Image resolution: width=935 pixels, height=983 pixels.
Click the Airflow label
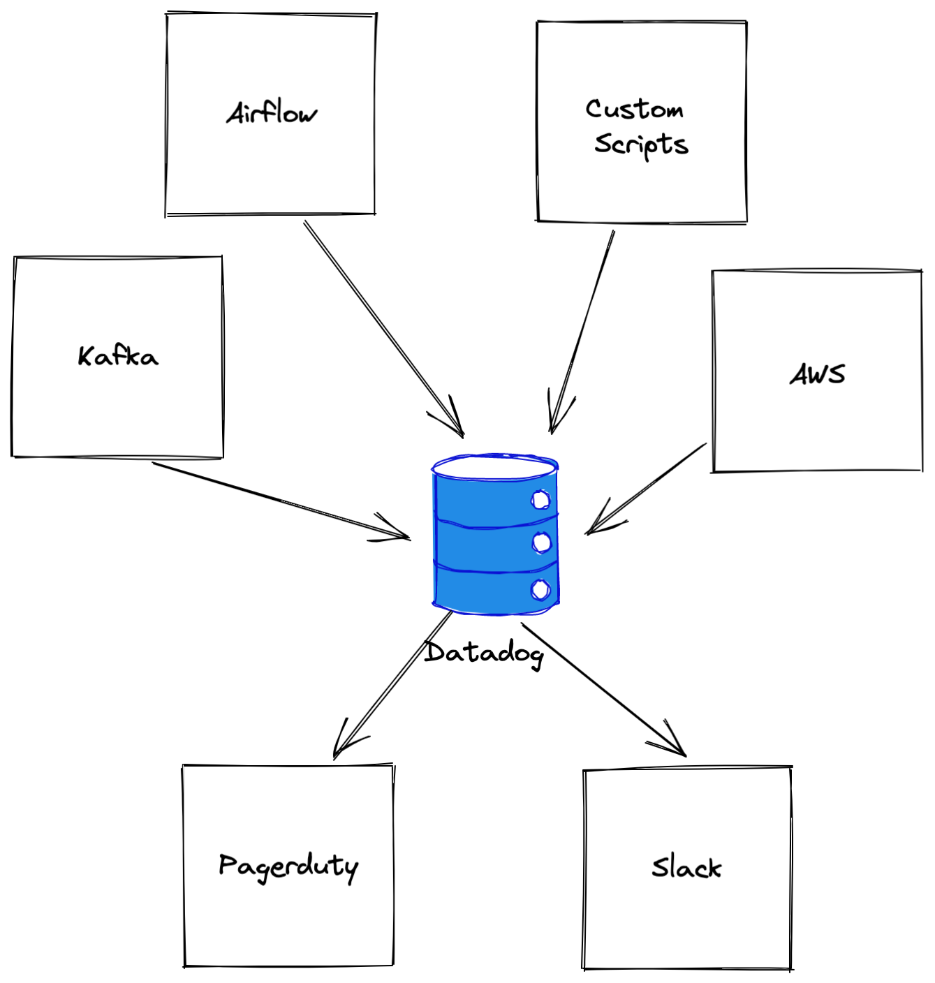(x=272, y=113)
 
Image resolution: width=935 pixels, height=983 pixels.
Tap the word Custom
(x=634, y=109)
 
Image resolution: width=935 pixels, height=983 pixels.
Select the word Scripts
(x=641, y=145)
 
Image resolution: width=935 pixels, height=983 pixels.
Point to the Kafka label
(x=118, y=356)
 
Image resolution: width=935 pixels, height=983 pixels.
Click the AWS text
(x=817, y=374)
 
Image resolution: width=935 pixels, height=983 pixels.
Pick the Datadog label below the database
(x=484, y=653)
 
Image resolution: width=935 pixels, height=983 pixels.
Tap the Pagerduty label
(x=288, y=867)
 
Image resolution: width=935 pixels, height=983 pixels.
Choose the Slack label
(x=686, y=868)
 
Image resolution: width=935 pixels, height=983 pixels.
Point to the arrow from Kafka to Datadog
(x=279, y=500)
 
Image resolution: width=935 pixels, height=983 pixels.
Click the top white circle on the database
(x=540, y=499)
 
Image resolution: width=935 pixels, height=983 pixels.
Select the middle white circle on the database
(x=540, y=542)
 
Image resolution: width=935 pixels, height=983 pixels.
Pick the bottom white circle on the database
(x=540, y=589)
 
